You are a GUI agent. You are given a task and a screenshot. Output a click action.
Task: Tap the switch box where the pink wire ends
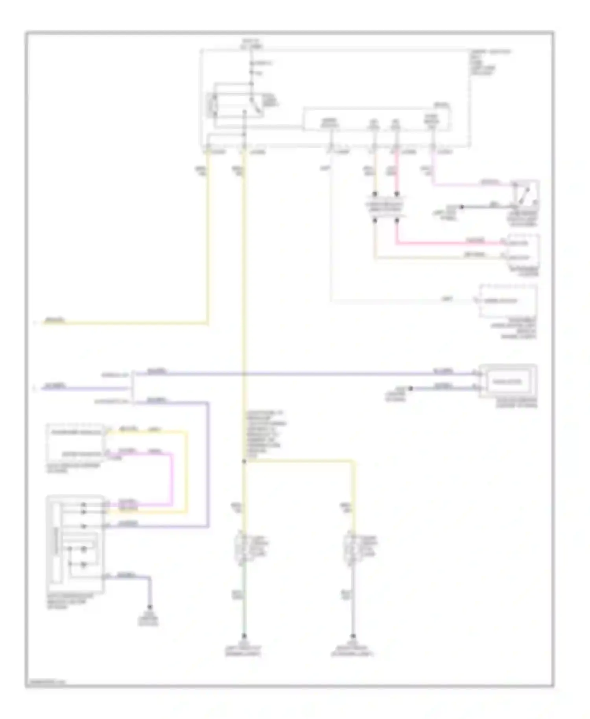click(x=525, y=193)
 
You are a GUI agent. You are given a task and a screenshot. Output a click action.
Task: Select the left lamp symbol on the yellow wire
click(x=242, y=546)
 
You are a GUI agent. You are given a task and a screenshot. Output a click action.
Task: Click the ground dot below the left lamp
click(x=244, y=636)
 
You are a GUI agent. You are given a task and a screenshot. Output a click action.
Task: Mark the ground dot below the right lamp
click(x=353, y=636)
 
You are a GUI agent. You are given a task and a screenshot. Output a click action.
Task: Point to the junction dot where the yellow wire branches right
click(x=244, y=461)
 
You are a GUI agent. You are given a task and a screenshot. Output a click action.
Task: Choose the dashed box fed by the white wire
click(x=508, y=301)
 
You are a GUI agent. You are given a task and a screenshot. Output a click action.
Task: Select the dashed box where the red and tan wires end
click(x=523, y=250)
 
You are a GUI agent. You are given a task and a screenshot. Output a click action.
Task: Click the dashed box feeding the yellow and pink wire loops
click(x=75, y=443)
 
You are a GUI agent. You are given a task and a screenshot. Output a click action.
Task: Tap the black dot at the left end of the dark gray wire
click(x=462, y=206)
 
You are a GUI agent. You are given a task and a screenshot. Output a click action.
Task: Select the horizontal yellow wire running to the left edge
click(x=126, y=323)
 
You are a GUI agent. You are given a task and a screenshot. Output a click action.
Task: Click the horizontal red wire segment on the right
click(x=448, y=243)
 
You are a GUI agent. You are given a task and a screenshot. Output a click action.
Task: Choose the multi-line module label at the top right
click(x=490, y=63)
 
